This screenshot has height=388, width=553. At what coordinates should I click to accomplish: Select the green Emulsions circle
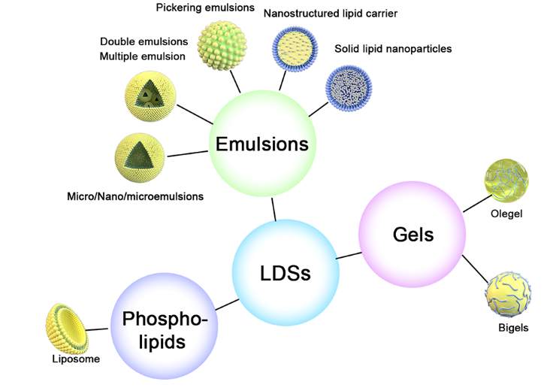pos(261,144)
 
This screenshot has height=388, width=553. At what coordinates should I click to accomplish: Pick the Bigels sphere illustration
pos(509,295)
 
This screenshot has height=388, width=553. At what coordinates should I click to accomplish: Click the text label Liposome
pos(75,359)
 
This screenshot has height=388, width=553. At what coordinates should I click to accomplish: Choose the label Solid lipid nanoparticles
pos(393,50)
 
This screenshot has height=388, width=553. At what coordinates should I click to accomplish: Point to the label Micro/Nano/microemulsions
pos(134,196)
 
